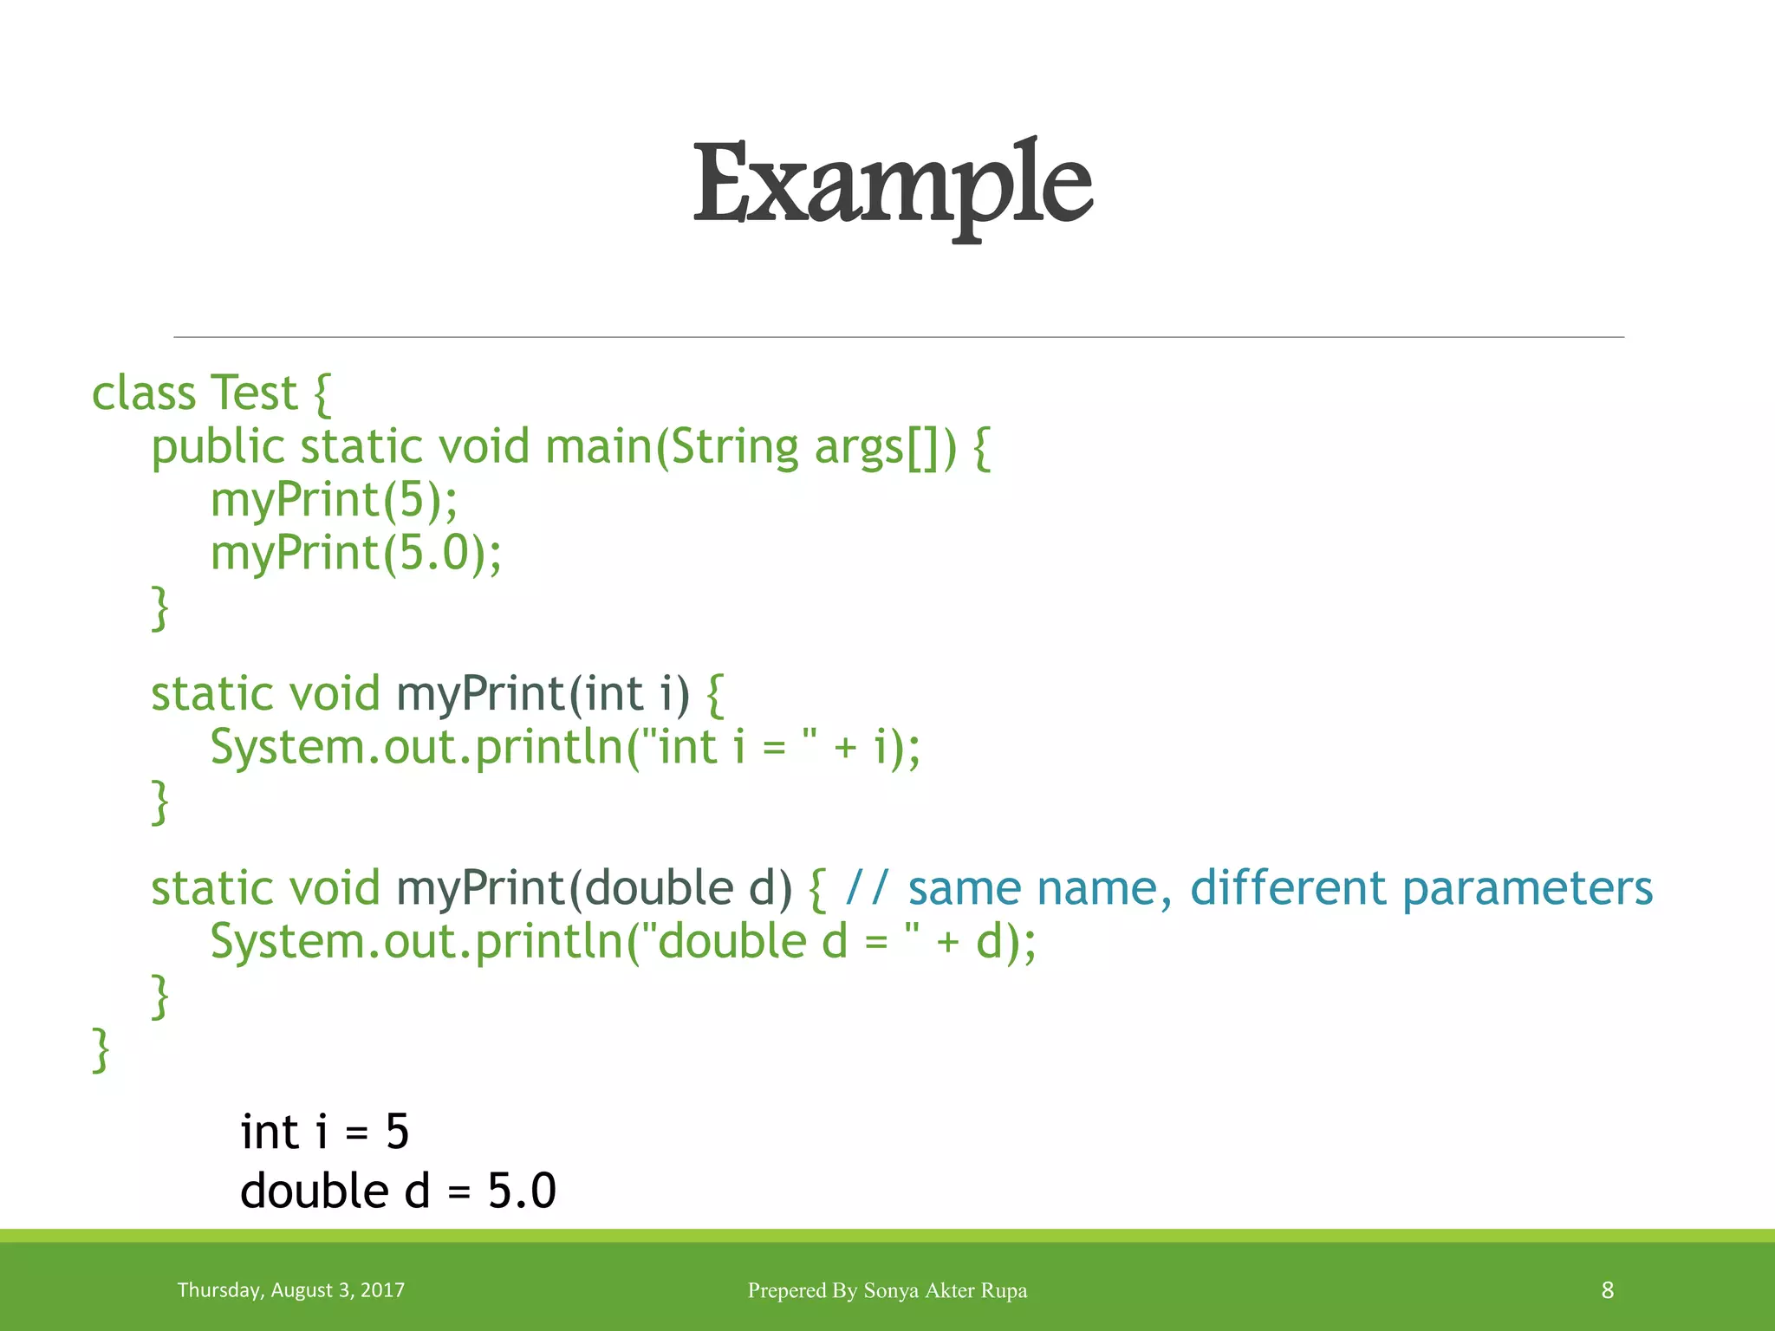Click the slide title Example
point(892,185)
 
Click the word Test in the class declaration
point(253,394)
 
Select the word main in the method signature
point(598,447)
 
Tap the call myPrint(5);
point(334,501)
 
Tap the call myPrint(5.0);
point(355,554)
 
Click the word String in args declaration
point(734,447)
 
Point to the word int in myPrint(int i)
point(613,694)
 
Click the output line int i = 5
point(324,1133)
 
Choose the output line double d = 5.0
point(398,1191)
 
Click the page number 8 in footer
point(1607,1290)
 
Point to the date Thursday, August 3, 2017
point(290,1290)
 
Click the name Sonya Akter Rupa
point(945,1290)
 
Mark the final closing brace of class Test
point(101,1050)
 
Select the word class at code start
point(144,394)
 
